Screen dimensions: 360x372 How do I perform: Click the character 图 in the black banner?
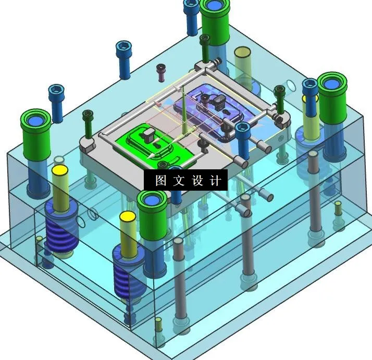point(160,181)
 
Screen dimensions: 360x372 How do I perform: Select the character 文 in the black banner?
point(179,181)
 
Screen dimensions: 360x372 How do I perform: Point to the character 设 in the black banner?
point(197,181)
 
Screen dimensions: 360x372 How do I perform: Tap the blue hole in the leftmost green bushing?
point(36,120)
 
